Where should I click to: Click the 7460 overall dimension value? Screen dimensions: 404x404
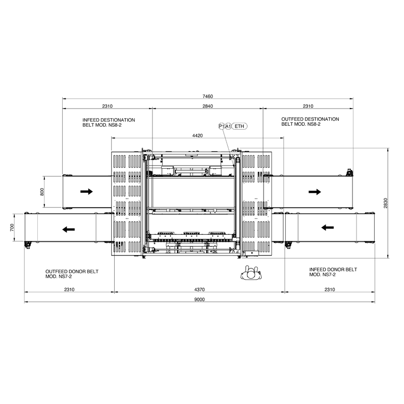tap(208, 96)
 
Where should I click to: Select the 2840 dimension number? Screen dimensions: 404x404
tap(208, 106)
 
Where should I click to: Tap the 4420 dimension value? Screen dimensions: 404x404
tap(197, 135)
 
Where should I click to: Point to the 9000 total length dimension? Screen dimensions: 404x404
tap(199, 299)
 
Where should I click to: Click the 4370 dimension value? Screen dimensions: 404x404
tap(199, 289)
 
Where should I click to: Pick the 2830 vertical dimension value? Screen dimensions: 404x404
tap(385, 203)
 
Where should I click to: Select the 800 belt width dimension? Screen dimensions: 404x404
tap(42, 192)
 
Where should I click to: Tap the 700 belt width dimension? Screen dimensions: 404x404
tap(12, 228)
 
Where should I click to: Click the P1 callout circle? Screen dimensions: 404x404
tap(221, 126)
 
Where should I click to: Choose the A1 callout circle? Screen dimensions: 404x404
tap(228, 126)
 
